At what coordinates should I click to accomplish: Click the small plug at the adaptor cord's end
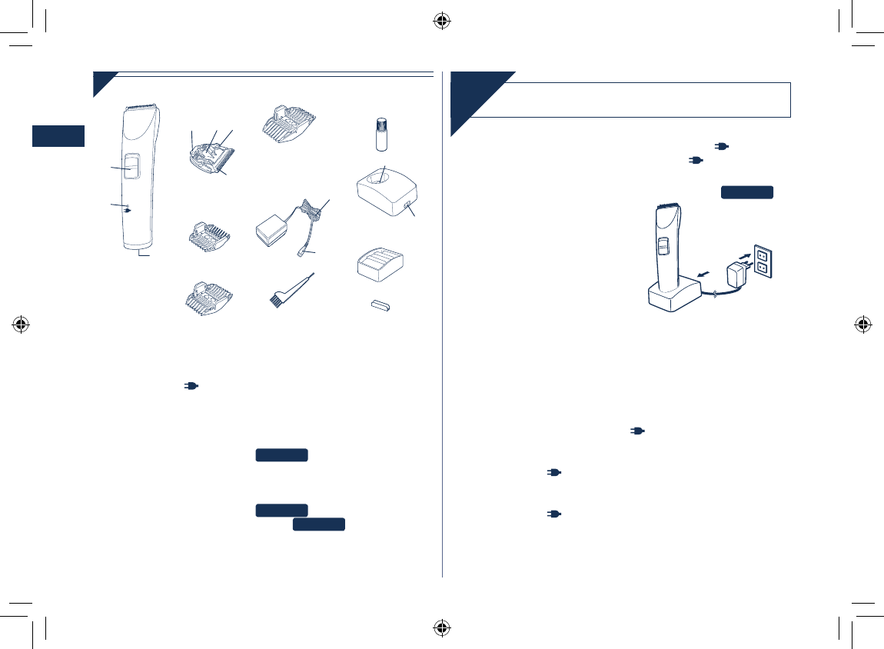click(302, 251)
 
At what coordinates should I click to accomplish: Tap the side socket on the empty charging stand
click(405, 205)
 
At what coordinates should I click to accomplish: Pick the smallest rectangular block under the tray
click(378, 307)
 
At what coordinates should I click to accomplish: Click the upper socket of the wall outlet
click(763, 251)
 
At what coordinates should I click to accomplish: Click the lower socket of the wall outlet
click(763, 268)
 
